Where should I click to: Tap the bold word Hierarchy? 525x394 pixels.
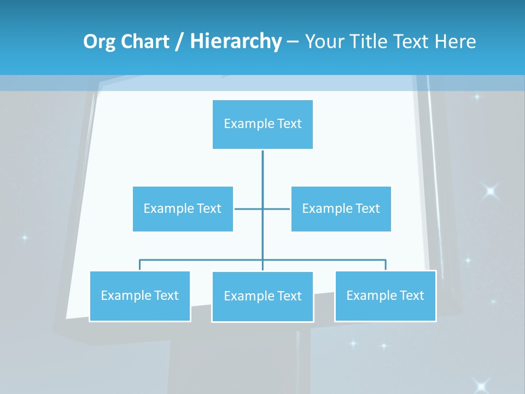click(236, 42)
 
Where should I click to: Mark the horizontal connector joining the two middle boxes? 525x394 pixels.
click(249, 208)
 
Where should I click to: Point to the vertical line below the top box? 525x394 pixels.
click(262, 175)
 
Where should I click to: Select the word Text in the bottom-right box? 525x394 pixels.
click(411, 296)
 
